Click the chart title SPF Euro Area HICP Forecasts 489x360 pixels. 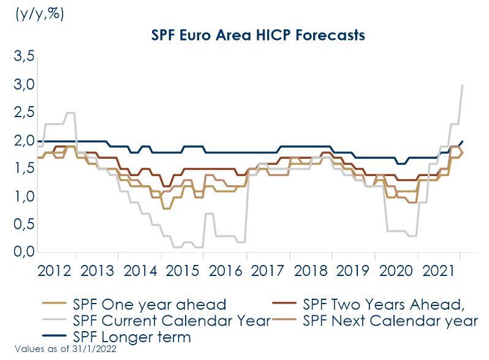pos(258,35)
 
